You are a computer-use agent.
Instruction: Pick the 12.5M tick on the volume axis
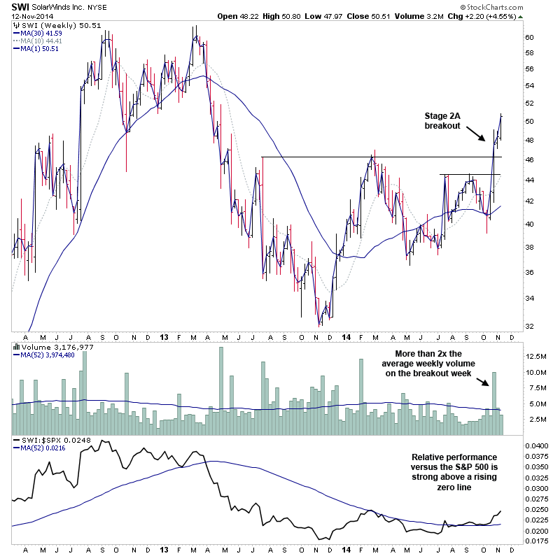(536, 357)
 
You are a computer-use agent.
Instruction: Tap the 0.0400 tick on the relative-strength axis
(538, 445)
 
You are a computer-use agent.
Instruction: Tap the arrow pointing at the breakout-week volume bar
(483, 381)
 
